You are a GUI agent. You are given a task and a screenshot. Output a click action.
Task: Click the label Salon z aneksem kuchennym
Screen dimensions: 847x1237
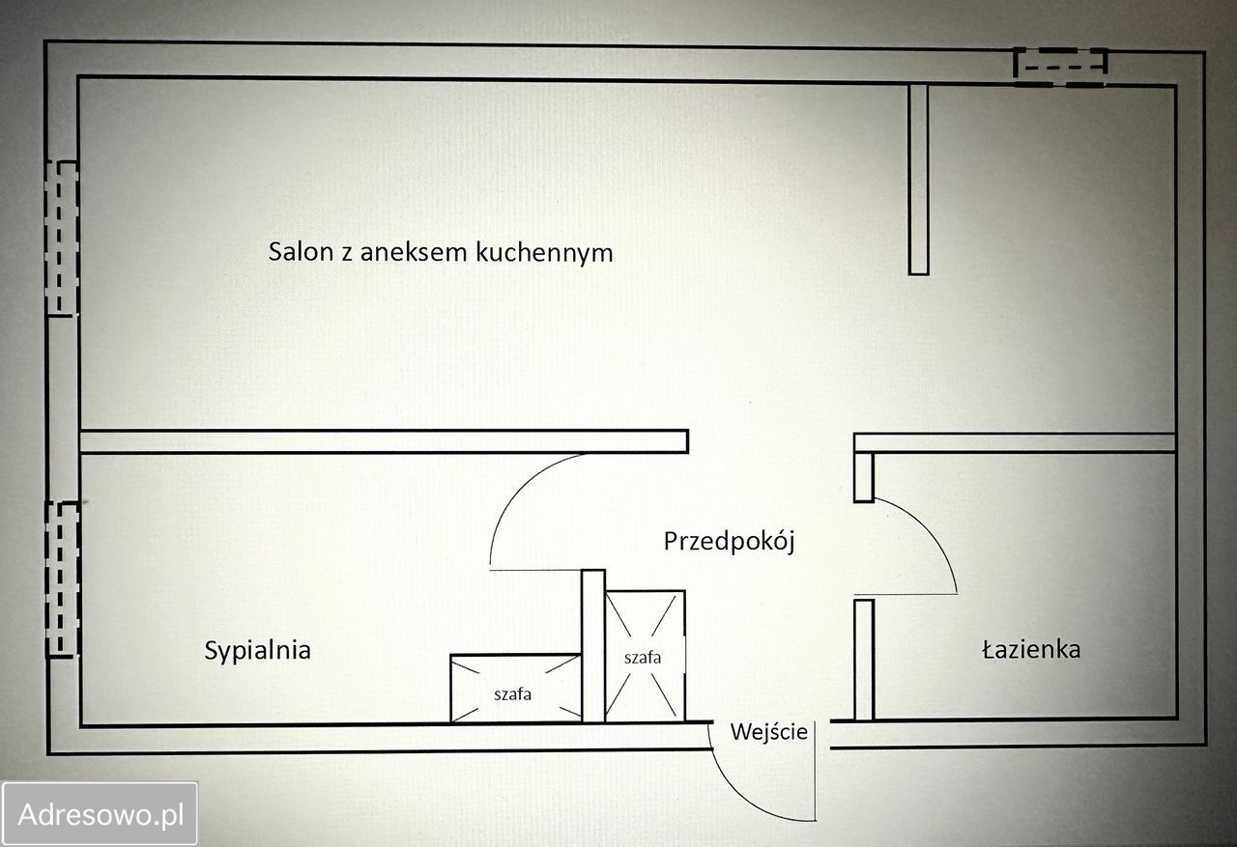[441, 253]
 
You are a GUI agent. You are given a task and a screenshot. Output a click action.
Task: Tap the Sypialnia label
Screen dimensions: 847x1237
[257, 651]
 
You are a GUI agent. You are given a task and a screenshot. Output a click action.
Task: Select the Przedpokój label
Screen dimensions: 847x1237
[729, 542]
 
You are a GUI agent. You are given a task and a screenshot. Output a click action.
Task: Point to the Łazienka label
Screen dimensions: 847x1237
[1031, 650]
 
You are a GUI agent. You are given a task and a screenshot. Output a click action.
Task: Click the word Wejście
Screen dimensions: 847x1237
[768, 732]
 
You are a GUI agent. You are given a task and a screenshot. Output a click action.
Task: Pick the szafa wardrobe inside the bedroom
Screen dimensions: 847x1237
[516, 689]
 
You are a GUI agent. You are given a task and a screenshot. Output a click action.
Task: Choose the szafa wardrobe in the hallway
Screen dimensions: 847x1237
[645, 656]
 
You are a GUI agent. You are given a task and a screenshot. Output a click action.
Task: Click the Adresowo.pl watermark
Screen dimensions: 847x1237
[101, 814]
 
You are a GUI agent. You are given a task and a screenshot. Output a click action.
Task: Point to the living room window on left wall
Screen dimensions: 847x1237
[62, 238]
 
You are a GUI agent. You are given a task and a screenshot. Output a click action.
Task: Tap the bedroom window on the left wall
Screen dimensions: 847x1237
[63, 579]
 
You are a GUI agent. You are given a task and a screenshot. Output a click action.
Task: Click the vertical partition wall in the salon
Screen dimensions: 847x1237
[918, 179]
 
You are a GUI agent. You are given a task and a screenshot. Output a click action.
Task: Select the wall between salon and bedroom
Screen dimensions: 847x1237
[384, 441]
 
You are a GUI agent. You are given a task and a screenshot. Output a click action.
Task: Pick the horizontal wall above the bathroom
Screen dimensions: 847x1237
[1015, 442]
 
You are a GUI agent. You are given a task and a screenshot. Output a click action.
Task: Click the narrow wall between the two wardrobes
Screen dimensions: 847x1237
[592, 645]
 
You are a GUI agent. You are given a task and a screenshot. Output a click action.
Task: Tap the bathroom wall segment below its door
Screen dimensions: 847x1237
[864, 660]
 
